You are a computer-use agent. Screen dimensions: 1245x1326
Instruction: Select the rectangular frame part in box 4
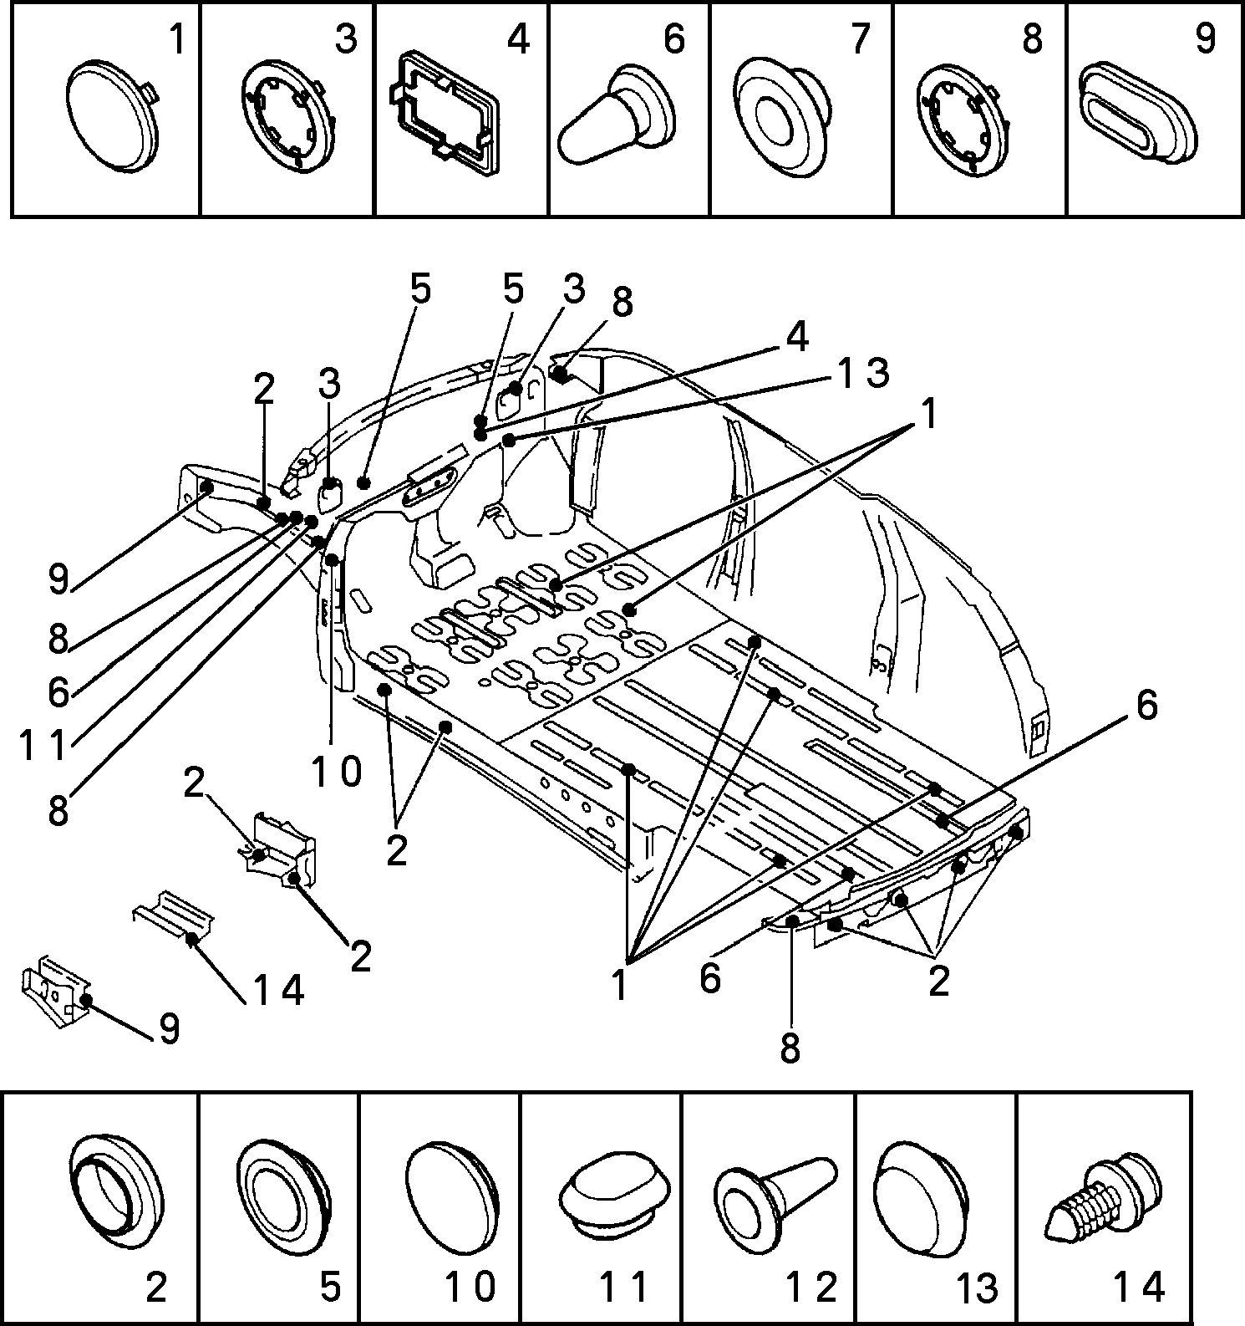[443, 115]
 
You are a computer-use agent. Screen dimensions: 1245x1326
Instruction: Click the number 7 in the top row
[860, 38]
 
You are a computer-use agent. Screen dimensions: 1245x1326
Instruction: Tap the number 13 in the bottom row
[976, 1288]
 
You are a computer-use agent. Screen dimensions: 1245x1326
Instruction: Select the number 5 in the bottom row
[331, 1287]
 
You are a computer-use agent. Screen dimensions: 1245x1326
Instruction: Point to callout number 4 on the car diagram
[797, 336]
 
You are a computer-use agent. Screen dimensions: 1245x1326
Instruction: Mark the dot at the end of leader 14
[192, 939]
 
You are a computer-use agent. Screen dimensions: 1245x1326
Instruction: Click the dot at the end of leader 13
[509, 439]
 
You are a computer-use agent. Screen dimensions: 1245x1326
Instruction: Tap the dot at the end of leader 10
[333, 559]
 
